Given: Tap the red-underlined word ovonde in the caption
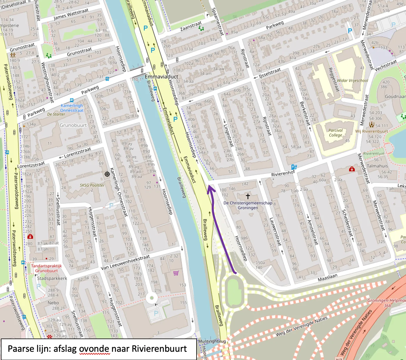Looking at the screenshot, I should coord(95,349).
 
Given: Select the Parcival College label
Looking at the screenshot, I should coord(335,133).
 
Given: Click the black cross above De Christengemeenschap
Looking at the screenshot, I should coord(248,196).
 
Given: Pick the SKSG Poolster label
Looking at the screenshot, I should coord(92,185).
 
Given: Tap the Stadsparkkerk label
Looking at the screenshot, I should coord(52,278).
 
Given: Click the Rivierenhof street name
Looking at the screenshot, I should coord(283,174).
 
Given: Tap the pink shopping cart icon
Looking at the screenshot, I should coord(176,273).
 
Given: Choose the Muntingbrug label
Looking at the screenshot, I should coord(212,341).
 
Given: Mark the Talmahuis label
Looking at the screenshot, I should coord(377,166).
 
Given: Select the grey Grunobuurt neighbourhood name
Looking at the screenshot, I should coord(73,125).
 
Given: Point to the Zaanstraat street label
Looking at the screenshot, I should coord(191,26).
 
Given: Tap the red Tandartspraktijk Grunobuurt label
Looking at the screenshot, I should coord(46,268).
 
